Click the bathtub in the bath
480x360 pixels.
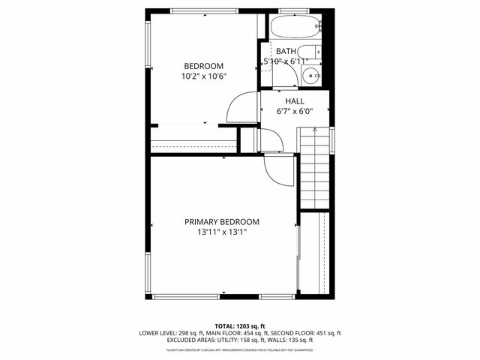tap(295, 28)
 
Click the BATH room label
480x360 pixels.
tap(285, 51)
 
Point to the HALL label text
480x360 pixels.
tap(294, 100)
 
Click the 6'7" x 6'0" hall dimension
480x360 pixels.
tap(294, 111)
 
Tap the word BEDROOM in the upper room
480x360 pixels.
tap(203, 66)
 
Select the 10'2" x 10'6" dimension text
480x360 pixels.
tap(203, 76)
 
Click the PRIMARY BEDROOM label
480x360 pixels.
tap(222, 222)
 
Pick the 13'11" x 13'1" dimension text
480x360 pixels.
tap(222, 232)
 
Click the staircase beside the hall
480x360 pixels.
tap(314, 169)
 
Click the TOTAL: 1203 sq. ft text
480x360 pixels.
tap(240, 326)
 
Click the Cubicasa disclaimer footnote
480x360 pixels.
tap(240, 349)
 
